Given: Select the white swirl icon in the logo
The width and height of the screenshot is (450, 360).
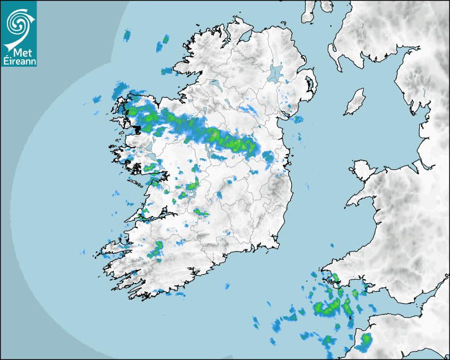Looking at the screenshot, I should pyautogui.click(x=19, y=24).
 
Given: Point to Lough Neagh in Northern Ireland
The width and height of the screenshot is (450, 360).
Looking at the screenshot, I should pyautogui.click(x=275, y=73).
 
